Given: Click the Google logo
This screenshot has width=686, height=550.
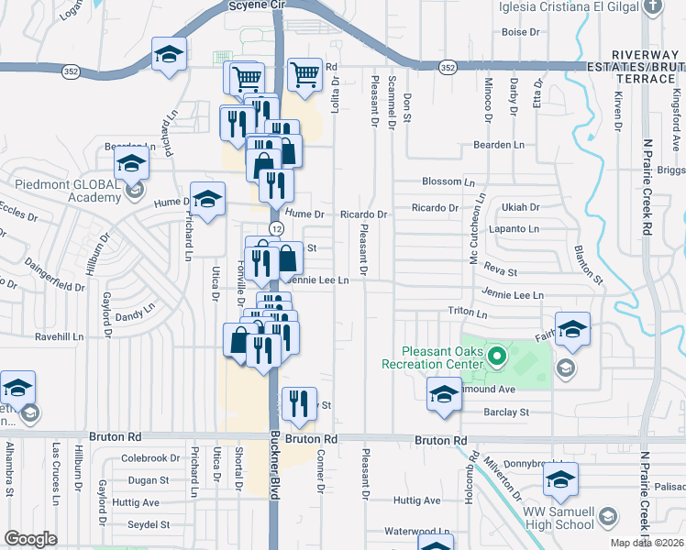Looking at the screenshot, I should [x=30, y=539].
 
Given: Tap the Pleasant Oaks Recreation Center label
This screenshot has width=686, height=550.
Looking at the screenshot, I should [x=430, y=357].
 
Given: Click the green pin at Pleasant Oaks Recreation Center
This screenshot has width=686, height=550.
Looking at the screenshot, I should [x=498, y=355].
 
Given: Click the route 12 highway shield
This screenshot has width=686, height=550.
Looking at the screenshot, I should [x=275, y=226].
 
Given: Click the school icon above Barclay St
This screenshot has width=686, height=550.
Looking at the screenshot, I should [x=444, y=395].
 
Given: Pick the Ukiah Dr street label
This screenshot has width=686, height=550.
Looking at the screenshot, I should [x=520, y=208].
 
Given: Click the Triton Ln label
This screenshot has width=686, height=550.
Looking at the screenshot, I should [x=467, y=312].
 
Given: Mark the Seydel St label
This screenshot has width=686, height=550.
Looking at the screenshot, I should [x=149, y=524].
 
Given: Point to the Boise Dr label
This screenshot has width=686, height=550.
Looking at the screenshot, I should [x=520, y=32].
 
